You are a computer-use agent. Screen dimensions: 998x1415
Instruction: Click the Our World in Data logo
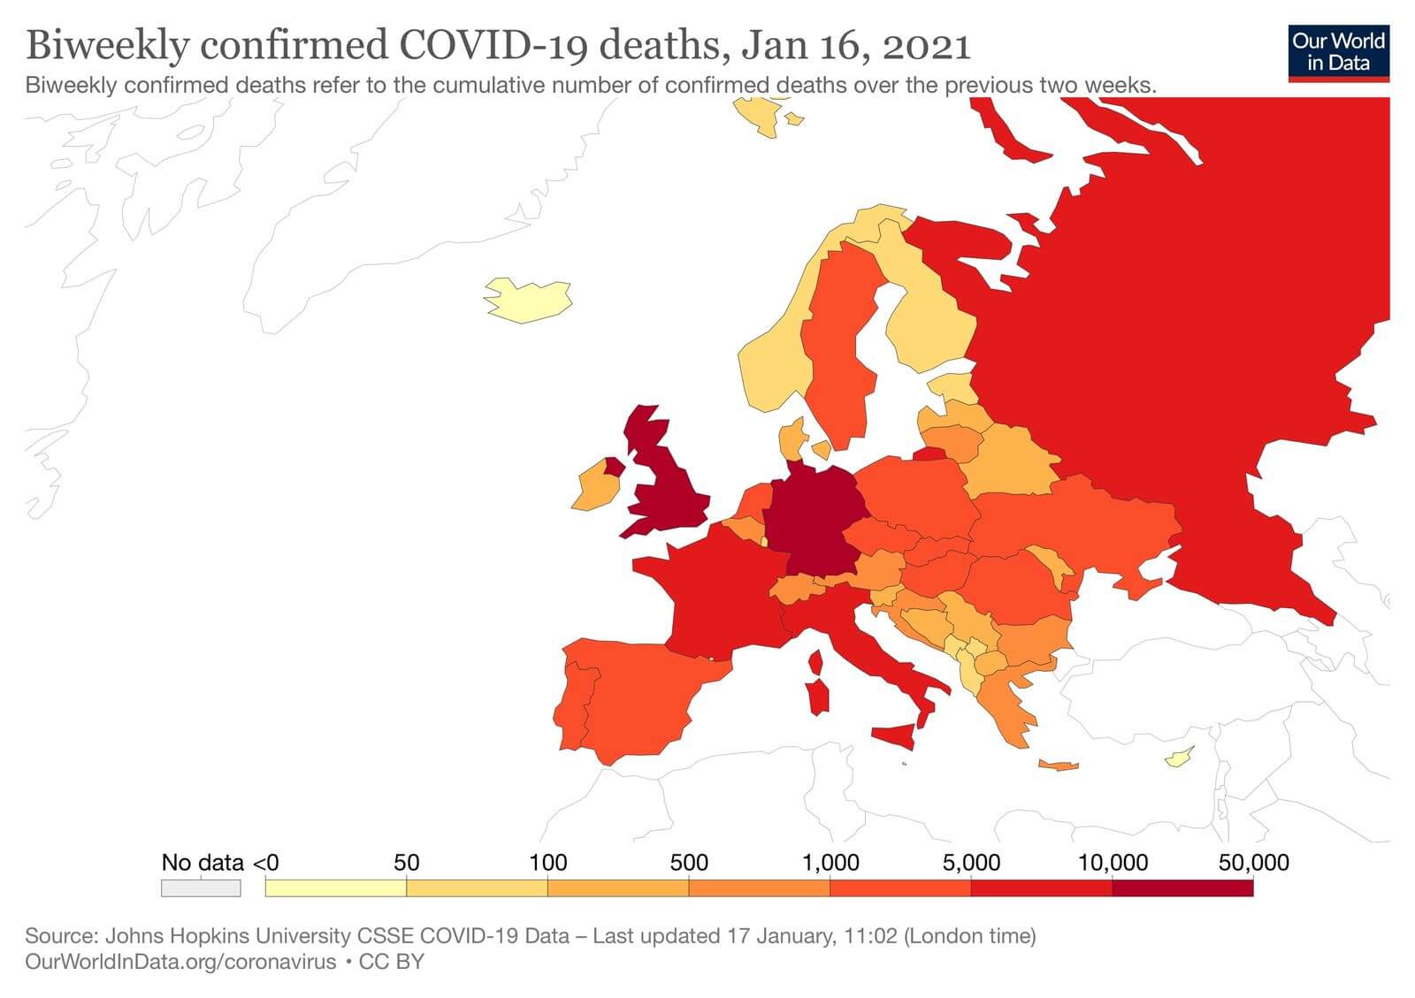(1338, 52)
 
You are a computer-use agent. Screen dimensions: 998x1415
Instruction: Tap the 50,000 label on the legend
(1253, 863)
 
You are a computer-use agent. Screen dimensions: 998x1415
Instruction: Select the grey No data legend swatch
(201, 888)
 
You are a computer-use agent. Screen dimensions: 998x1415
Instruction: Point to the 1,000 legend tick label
(830, 863)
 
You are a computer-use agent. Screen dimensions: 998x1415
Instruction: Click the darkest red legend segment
(1182, 888)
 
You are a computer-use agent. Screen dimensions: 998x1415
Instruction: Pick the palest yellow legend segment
(335, 888)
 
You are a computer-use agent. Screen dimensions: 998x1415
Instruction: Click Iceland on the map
(526, 300)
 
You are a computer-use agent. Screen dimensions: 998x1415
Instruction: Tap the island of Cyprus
(1178, 758)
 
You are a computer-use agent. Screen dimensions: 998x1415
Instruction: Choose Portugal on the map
(574, 708)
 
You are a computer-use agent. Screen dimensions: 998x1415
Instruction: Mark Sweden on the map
(840, 354)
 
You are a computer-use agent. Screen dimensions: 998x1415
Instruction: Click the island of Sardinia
(819, 697)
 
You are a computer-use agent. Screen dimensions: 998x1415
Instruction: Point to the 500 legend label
(689, 863)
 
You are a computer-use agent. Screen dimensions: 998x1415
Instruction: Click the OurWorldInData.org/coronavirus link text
(180, 962)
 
